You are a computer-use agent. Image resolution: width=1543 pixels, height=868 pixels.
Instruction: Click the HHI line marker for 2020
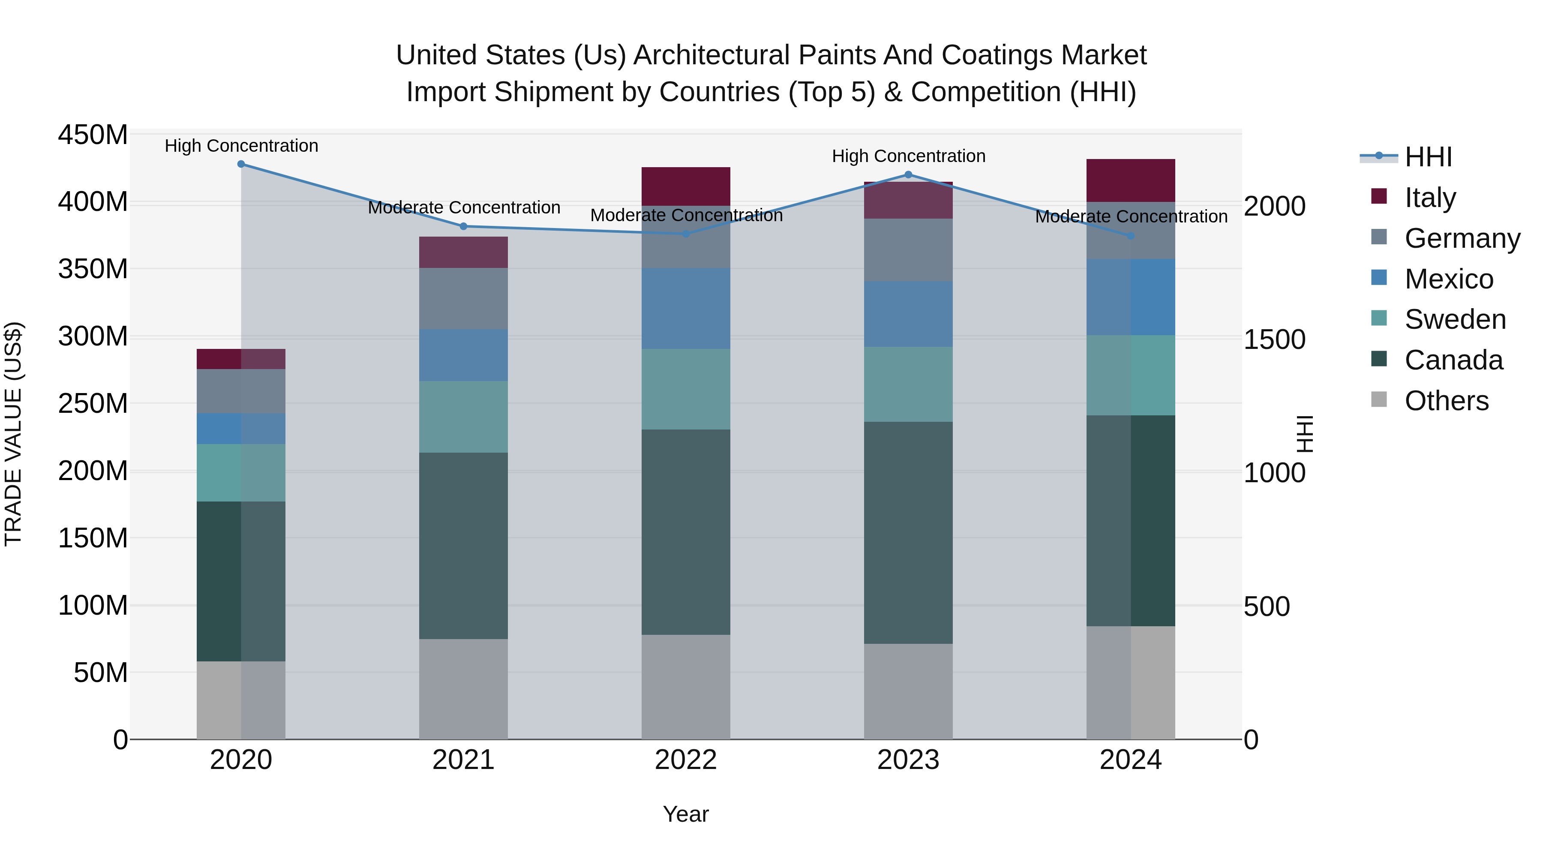(241, 164)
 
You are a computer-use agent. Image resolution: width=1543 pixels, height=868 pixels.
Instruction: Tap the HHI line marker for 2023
(908, 174)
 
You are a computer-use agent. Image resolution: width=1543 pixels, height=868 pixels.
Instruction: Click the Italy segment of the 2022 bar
(686, 186)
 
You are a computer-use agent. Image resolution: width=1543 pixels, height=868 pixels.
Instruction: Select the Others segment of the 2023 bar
(908, 691)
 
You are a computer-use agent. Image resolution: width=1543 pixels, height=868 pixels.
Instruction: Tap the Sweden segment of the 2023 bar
(908, 384)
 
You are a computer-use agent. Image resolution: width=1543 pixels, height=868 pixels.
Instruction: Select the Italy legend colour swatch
(1379, 196)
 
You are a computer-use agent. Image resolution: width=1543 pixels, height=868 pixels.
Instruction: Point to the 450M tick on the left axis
(92, 135)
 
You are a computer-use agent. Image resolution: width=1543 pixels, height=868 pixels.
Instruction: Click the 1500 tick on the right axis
(1274, 339)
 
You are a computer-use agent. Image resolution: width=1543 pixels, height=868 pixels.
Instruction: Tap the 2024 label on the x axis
(1130, 760)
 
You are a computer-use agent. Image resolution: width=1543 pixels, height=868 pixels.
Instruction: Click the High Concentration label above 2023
(908, 156)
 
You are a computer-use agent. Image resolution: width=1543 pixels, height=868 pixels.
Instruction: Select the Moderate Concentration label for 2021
(464, 207)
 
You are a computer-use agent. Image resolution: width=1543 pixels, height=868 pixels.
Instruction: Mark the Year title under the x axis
(685, 814)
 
